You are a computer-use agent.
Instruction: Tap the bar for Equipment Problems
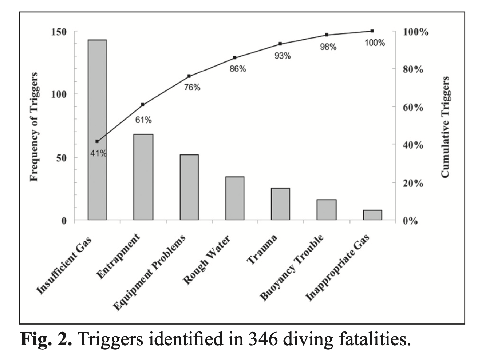click(189, 187)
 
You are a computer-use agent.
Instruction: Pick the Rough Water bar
click(235, 198)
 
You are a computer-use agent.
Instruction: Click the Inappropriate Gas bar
click(372, 215)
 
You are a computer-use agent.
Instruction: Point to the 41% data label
click(98, 153)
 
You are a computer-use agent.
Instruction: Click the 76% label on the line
click(192, 88)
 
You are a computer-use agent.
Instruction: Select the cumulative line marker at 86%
click(235, 58)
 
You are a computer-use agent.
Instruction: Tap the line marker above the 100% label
click(372, 31)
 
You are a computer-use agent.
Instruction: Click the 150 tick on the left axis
click(59, 32)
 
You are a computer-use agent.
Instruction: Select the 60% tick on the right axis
click(413, 108)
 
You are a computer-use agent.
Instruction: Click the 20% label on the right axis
click(413, 183)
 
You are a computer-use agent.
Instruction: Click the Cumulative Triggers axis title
click(445, 127)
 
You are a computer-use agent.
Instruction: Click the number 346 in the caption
click(262, 339)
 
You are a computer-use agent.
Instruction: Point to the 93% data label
click(283, 56)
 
